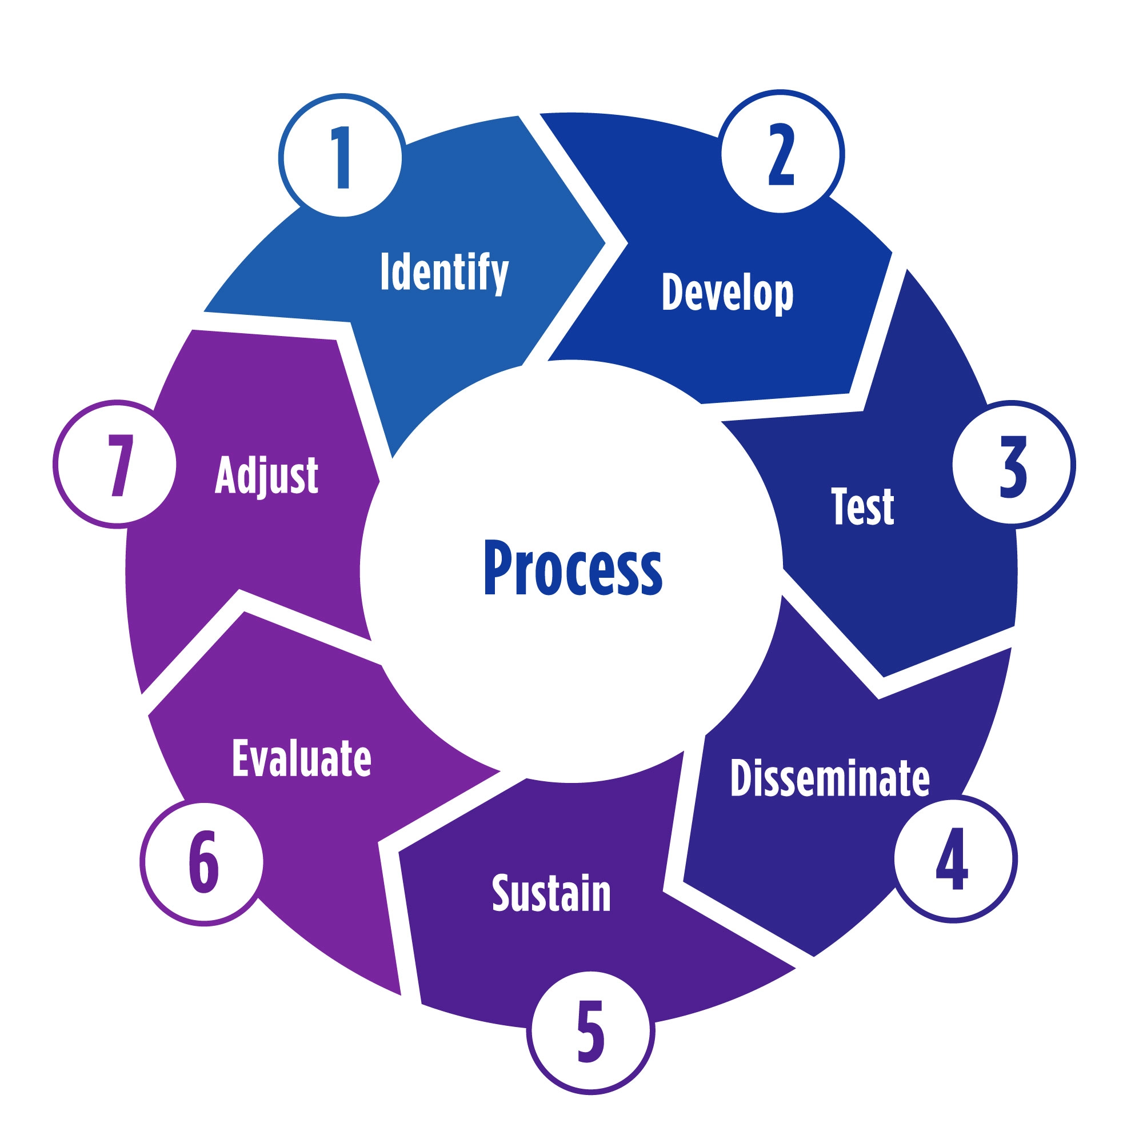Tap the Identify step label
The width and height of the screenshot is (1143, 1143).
(443, 271)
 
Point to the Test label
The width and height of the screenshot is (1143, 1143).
(862, 506)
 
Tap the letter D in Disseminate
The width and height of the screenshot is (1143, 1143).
(740, 777)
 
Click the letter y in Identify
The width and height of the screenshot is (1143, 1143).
(501, 275)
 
